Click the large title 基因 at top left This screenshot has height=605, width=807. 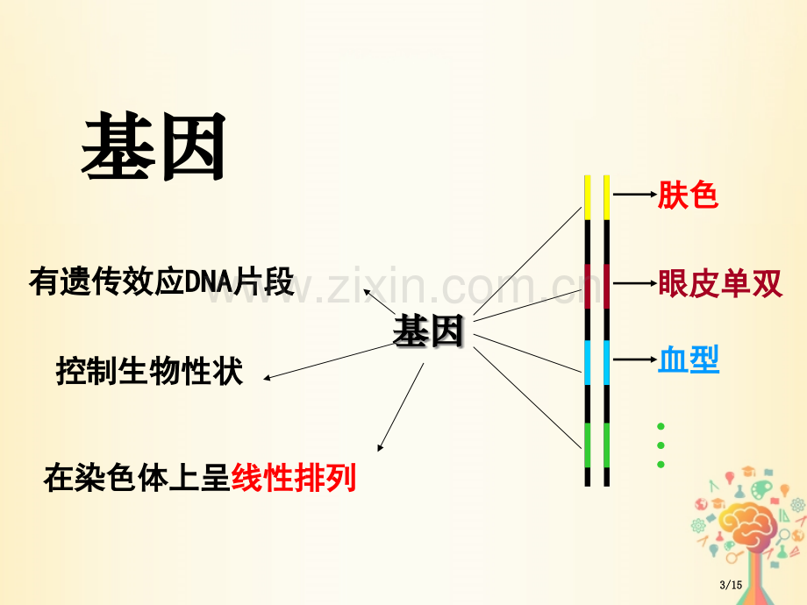(x=154, y=146)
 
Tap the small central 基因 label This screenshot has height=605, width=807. (x=428, y=331)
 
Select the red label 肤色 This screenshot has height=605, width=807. (x=688, y=195)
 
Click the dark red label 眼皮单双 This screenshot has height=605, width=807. (x=720, y=283)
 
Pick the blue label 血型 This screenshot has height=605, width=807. (x=689, y=359)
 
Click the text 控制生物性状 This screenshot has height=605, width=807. (x=149, y=371)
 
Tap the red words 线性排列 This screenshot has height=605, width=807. (x=294, y=478)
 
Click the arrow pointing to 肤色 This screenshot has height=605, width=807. (x=635, y=195)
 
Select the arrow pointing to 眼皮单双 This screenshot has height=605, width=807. (x=635, y=283)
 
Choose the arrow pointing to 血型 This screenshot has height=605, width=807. (x=635, y=359)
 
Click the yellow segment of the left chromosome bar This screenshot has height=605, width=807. (x=587, y=197)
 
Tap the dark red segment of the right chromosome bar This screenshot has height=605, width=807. (x=606, y=286)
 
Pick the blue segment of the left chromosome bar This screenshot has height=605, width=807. (x=587, y=362)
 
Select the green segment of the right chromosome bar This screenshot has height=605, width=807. (x=606, y=445)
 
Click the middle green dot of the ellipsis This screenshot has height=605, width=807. (x=661, y=445)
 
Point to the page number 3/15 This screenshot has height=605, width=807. (x=731, y=585)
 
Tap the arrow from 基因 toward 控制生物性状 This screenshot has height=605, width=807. (x=328, y=362)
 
